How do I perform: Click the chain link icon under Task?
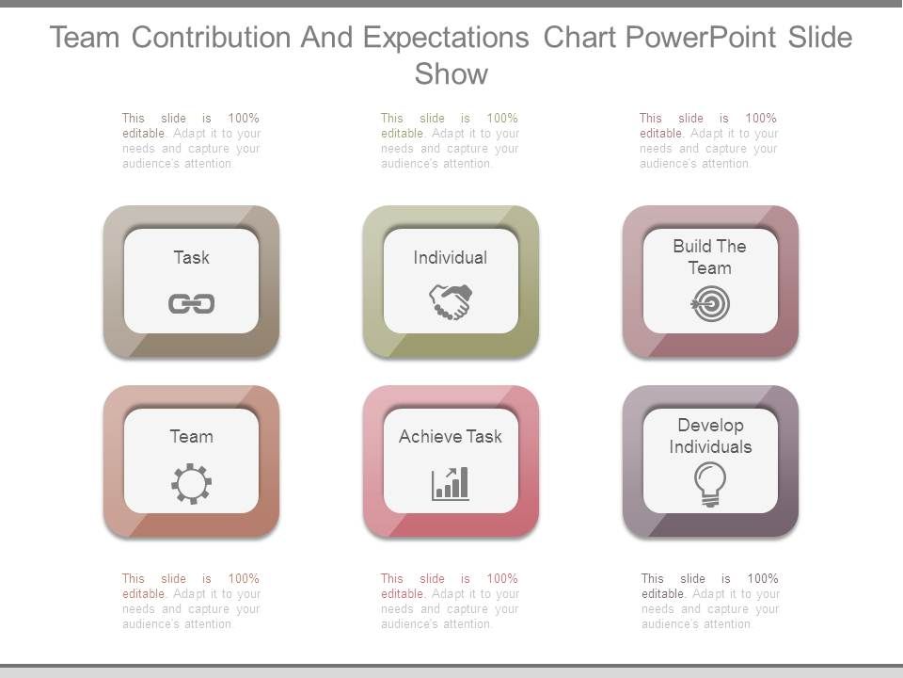coord(191,303)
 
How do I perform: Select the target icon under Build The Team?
coord(710,304)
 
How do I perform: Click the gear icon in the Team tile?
coord(191,484)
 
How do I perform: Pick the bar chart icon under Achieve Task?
coord(451,484)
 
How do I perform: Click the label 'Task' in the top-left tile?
coord(191,257)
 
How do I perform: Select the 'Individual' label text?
coord(451,257)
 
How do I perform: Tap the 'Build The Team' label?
coord(710,257)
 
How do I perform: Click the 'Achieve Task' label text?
coord(451,436)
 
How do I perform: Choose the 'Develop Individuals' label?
coord(710,436)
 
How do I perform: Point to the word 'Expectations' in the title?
coord(447,38)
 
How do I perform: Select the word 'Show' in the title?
coord(451,74)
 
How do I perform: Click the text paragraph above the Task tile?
coord(191,141)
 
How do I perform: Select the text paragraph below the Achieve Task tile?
coord(451,601)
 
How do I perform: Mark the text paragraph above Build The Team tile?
coord(708,141)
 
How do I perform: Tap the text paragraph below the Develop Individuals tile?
coord(710,601)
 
